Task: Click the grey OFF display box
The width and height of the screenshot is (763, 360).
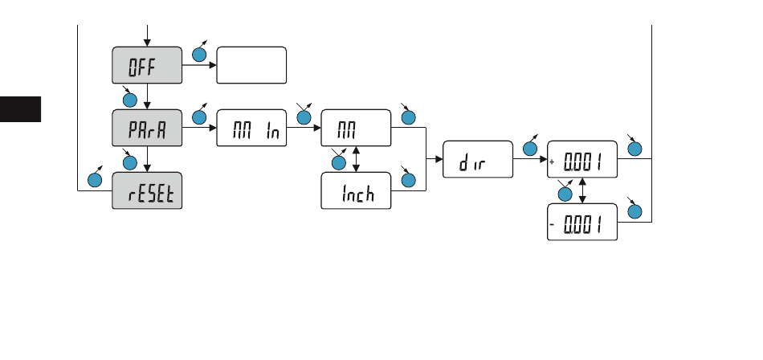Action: (146, 64)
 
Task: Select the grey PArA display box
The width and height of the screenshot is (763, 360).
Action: (146, 128)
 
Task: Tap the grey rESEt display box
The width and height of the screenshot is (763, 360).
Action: (146, 191)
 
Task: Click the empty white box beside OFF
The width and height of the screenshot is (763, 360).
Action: (251, 64)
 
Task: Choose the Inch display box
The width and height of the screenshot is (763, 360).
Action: (356, 191)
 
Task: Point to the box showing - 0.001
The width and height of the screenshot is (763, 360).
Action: (581, 221)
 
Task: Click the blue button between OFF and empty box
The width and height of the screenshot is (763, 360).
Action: (199, 55)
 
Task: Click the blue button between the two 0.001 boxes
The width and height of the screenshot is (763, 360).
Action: (565, 194)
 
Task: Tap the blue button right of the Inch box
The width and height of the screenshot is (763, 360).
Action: (409, 182)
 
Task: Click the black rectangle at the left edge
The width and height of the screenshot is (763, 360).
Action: (20, 109)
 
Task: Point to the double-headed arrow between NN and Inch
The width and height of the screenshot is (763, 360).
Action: (356, 160)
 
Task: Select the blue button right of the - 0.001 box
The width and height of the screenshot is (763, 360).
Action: (634, 212)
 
